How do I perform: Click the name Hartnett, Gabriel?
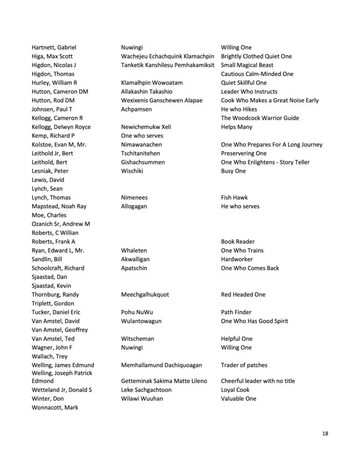(x=54, y=47)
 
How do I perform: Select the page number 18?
(x=325, y=433)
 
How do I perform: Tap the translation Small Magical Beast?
(x=247, y=65)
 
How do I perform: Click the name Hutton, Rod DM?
(x=53, y=100)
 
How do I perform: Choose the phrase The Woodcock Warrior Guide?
(x=260, y=118)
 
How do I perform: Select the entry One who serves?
(x=142, y=136)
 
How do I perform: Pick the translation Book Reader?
(x=238, y=242)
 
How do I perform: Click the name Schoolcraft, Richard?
(x=58, y=268)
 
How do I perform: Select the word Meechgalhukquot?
(x=145, y=294)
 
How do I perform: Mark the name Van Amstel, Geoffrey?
(x=60, y=330)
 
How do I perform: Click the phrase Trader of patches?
(x=244, y=365)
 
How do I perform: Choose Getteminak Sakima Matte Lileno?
(x=164, y=381)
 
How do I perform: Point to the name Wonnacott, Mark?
(x=55, y=407)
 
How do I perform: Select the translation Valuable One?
(x=238, y=399)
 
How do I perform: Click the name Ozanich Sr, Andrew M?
(x=61, y=224)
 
